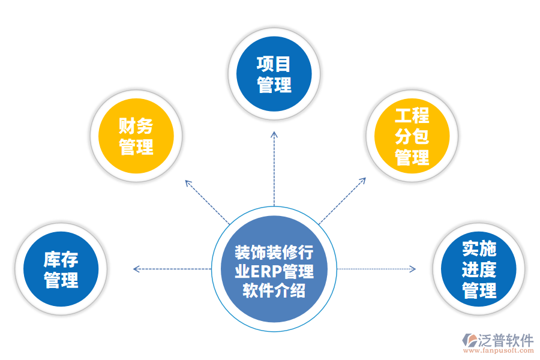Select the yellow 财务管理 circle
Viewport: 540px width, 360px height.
(136, 136)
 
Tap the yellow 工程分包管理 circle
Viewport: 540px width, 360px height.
(412, 136)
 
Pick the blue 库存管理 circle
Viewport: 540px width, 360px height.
(61, 269)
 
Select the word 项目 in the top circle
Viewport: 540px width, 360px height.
(274, 64)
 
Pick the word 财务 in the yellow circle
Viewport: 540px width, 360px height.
(136, 126)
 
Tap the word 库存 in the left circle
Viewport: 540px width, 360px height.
(61, 260)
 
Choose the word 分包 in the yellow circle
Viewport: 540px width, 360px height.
(412, 137)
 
